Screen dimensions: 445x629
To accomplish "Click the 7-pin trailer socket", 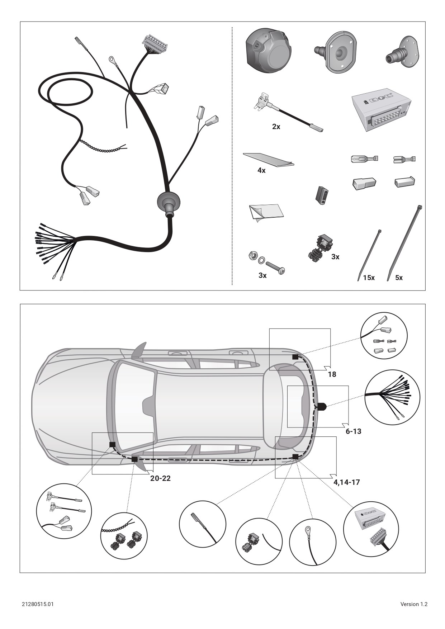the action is (268, 51).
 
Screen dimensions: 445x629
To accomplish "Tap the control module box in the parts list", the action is (381, 109).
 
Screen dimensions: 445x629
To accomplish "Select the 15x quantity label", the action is (369, 278).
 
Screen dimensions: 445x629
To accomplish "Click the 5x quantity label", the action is (399, 278).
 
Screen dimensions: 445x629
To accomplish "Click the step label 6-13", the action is (353, 431).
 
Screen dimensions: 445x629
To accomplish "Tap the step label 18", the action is (332, 374).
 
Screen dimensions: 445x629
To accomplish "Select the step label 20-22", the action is (160, 478).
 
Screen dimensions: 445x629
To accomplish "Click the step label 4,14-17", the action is (346, 482).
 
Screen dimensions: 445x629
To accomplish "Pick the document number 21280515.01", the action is (38, 604).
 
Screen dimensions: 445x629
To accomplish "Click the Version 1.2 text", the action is (414, 604).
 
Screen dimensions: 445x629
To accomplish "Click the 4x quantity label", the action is (261, 171).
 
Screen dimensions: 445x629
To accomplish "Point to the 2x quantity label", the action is (276, 127).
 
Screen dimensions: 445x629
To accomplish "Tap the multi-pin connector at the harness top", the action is (155, 43).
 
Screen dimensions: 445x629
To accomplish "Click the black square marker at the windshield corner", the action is (112, 445).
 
